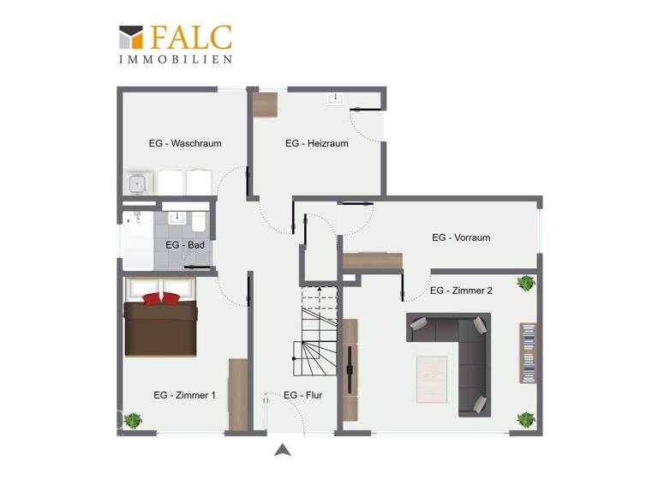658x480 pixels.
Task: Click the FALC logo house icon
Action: [131, 38]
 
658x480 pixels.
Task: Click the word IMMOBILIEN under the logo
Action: [176, 59]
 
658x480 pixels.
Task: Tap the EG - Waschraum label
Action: [184, 143]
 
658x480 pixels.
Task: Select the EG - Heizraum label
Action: [317, 143]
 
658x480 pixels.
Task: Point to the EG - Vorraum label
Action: [461, 237]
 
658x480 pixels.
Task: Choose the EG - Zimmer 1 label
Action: [184, 395]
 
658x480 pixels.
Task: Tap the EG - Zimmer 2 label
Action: [461, 291]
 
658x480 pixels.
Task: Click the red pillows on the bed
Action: [161, 298]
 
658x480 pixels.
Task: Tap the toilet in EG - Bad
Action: [199, 223]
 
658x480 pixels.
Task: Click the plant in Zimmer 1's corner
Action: [133, 420]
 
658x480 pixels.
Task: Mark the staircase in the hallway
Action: [318, 334]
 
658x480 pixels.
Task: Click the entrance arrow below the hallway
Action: [282, 450]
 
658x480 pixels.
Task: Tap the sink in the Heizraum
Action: [334, 99]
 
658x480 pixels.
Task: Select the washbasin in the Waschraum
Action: [138, 183]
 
